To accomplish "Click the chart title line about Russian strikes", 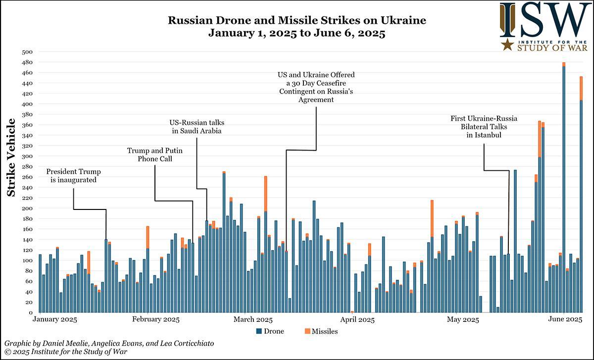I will (x=297, y=21).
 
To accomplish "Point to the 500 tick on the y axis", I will (x=28, y=52).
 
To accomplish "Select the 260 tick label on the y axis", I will (x=28, y=177).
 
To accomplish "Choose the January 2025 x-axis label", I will (x=54, y=320).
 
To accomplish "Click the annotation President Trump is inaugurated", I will (x=74, y=176).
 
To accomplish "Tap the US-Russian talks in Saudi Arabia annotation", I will (x=197, y=126).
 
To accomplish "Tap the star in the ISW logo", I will (x=507, y=46).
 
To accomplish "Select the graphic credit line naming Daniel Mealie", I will (x=109, y=343).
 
